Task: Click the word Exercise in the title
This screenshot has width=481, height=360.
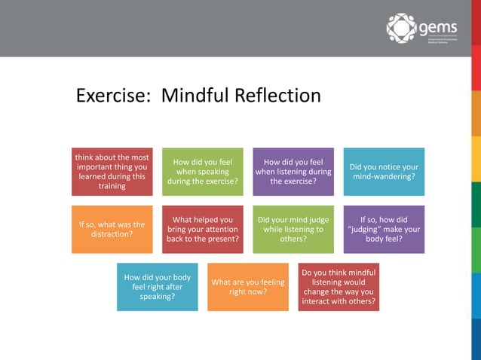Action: pyautogui.click(x=111, y=96)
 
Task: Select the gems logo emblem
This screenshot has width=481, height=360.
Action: pyautogui.click(x=401, y=28)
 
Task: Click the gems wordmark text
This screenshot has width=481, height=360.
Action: pyautogui.click(x=438, y=28)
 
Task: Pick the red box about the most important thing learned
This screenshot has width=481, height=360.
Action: pyautogui.click(x=112, y=172)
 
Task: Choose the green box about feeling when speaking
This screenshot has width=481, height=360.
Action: pyautogui.click(x=203, y=172)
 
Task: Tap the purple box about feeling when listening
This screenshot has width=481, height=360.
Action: pyautogui.click(x=293, y=172)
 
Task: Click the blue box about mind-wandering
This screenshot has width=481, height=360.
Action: pyautogui.click(x=384, y=172)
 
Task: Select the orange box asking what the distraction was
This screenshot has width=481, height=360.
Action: pyautogui.click(x=112, y=229)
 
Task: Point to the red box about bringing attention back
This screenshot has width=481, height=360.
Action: pyautogui.click(x=203, y=229)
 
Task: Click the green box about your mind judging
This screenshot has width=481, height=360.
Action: pyautogui.click(x=293, y=229)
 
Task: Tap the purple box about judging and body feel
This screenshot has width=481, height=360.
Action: pyautogui.click(x=384, y=229)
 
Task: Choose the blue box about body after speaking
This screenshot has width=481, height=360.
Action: pyautogui.click(x=158, y=287)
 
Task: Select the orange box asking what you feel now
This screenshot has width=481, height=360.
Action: pyautogui.click(x=248, y=287)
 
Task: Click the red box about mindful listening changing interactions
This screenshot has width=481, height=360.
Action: pyautogui.click(x=339, y=287)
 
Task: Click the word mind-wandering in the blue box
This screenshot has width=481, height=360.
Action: pyautogui.click(x=384, y=177)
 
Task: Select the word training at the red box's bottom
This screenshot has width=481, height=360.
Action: pyautogui.click(x=112, y=186)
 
